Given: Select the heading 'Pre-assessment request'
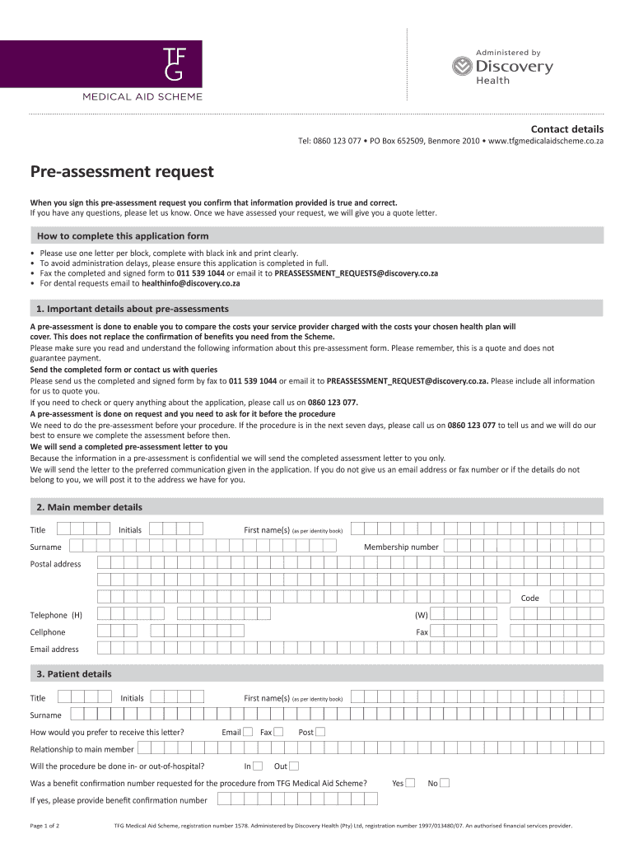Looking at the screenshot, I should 122,172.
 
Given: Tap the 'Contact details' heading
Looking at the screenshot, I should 566,129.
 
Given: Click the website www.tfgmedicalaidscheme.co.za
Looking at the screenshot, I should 546,142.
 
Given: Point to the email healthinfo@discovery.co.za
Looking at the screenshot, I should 191,283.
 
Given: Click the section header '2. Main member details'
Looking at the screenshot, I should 89,507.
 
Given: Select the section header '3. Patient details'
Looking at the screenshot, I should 74,674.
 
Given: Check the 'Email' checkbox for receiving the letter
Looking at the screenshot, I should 248,732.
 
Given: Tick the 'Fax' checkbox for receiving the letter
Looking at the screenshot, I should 278,732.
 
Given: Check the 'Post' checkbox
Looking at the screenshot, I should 320,732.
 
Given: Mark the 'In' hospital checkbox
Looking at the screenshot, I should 259,766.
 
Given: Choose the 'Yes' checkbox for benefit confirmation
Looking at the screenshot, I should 410,783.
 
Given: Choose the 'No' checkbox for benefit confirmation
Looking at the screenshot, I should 445,783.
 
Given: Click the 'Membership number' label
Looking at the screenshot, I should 401,547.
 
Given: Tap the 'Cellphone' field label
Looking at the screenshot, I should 48,632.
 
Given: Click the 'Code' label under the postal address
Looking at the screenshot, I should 529,598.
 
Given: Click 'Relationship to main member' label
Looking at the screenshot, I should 82,749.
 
